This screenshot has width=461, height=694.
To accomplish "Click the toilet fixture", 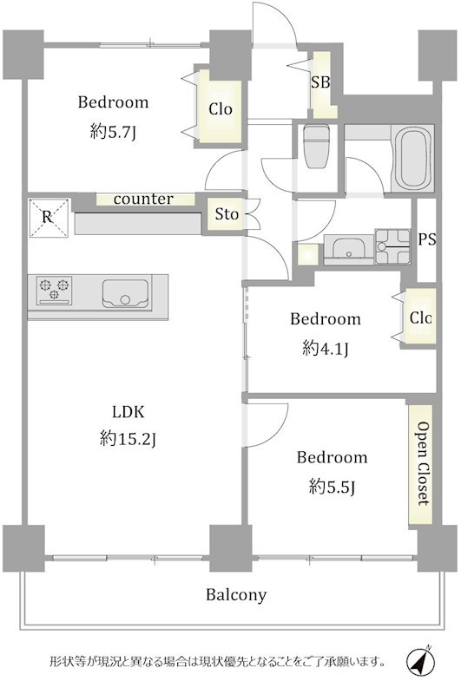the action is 317,147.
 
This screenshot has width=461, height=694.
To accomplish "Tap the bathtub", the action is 412,158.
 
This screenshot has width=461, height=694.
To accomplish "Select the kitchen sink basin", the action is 125,292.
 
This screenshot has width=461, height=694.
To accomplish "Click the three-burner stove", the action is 55,291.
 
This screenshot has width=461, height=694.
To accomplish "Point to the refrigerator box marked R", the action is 49,218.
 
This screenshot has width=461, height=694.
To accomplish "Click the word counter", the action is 143,200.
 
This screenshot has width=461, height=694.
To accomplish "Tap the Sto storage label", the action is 227,214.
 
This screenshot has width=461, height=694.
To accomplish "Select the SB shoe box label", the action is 320,82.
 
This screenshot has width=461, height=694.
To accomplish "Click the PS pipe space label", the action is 427,239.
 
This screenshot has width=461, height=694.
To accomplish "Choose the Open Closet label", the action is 424,463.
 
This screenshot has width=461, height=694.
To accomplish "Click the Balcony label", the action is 236,594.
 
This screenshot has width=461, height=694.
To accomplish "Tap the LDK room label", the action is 128,412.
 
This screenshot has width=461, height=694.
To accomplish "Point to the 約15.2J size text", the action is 128,439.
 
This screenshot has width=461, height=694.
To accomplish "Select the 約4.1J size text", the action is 326,349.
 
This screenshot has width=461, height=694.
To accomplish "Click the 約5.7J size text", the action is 113,132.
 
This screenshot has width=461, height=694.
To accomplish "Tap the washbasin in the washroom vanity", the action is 348,248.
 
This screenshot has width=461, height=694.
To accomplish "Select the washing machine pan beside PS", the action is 392,246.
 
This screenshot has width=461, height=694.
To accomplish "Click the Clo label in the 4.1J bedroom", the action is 420,318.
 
